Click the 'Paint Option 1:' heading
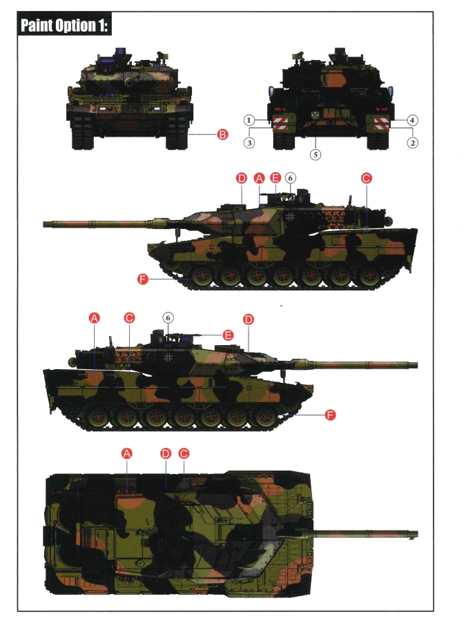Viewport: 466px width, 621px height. tap(64, 26)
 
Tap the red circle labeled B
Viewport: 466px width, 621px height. tap(223, 135)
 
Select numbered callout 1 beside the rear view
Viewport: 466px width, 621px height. tap(249, 120)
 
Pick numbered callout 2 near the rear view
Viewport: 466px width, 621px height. tap(413, 143)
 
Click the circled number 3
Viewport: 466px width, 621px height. tap(249, 143)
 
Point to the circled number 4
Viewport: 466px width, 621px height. tap(413, 120)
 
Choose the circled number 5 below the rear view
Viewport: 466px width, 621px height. tap(315, 155)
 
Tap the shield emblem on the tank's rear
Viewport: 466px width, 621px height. tap(316, 115)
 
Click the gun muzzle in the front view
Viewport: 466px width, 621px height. tap(130, 82)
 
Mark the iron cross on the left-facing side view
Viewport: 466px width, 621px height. tap(291, 216)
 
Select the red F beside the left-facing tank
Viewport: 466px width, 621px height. tap(143, 279)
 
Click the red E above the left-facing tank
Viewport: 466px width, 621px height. tap(275, 178)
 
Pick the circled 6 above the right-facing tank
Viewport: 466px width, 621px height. tap(168, 317)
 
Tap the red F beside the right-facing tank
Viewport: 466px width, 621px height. tap(330, 415)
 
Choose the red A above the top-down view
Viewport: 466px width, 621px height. tap(127, 453)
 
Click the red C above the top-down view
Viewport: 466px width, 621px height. tap(184, 453)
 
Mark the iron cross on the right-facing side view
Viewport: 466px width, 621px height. tap(168, 357)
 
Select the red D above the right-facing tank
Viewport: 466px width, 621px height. tap(249, 319)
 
